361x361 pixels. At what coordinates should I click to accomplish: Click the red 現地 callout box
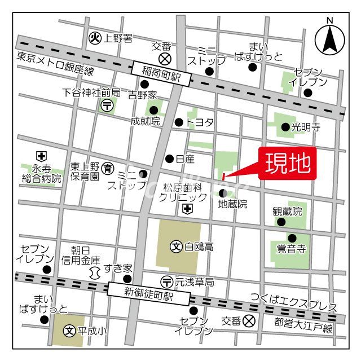click(288, 164)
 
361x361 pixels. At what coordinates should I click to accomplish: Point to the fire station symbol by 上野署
click(95, 38)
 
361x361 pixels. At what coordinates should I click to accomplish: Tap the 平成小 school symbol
click(70, 331)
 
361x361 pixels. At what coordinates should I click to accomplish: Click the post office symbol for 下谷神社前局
click(107, 104)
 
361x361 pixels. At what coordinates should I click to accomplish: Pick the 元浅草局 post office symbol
click(166, 280)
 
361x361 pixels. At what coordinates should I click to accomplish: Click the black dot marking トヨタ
click(179, 122)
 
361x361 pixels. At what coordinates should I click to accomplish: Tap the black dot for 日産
click(169, 159)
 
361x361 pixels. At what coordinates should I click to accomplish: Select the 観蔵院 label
click(288, 212)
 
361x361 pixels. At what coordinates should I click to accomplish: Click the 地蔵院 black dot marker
click(223, 193)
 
